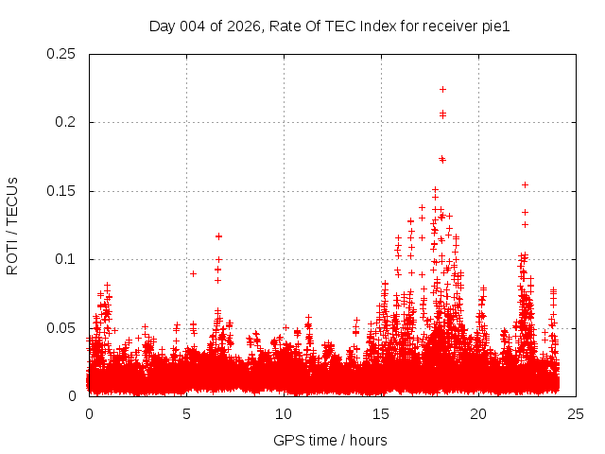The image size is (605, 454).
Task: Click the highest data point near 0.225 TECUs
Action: (x=442, y=89)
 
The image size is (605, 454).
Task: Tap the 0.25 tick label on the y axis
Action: (x=62, y=54)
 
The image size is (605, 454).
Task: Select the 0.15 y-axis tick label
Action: (x=62, y=191)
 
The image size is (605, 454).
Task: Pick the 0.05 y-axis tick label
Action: (x=62, y=327)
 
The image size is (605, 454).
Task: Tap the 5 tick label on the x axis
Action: (x=186, y=413)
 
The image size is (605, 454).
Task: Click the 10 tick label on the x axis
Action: (x=284, y=413)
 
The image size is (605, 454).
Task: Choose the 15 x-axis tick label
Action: (x=381, y=413)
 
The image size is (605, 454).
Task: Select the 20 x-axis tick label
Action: (x=478, y=413)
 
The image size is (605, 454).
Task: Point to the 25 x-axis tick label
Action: (x=576, y=413)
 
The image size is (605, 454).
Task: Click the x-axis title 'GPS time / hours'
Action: (x=330, y=440)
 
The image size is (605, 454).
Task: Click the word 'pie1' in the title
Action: (x=495, y=26)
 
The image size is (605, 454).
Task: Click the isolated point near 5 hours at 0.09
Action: (x=193, y=273)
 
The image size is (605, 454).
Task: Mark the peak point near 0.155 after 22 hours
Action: (x=525, y=184)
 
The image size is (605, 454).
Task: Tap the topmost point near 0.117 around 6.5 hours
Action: (x=218, y=236)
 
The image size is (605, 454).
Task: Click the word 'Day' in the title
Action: (x=162, y=26)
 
